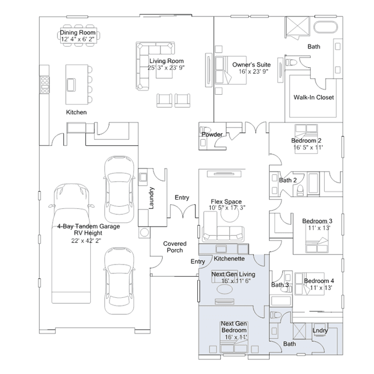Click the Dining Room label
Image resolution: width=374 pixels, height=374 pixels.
tap(78, 32)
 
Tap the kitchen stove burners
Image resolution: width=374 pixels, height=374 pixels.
tap(45, 84)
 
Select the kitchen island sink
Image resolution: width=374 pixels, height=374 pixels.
tap(71, 85)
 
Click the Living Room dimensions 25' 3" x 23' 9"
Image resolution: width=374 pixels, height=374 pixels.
tap(166, 68)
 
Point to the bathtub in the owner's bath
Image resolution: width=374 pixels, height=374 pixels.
tap(326, 27)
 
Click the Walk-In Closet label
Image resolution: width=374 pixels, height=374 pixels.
tap(314, 97)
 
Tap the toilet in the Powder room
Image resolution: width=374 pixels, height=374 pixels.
tap(205, 129)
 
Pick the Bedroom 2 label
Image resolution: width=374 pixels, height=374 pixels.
tap(306, 140)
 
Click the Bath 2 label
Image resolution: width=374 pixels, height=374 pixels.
tap(287, 180)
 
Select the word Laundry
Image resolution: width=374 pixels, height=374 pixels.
tap(151, 198)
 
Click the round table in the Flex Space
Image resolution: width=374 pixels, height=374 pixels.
tap(229, 213)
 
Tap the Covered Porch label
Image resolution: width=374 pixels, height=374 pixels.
tap(175, 247)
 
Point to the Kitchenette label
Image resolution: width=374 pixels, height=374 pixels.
tap(229, 259)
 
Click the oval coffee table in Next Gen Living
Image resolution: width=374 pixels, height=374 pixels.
tap(225, 290)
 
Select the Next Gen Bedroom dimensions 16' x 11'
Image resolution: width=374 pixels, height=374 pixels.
tap(236, 337)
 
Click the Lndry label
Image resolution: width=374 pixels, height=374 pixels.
tap(320, 330)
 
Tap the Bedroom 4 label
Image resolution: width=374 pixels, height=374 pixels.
tap(319, 281)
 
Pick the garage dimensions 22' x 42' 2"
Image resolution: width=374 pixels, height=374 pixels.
tap(86, 241)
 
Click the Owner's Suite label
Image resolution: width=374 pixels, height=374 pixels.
tap(252, 64)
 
